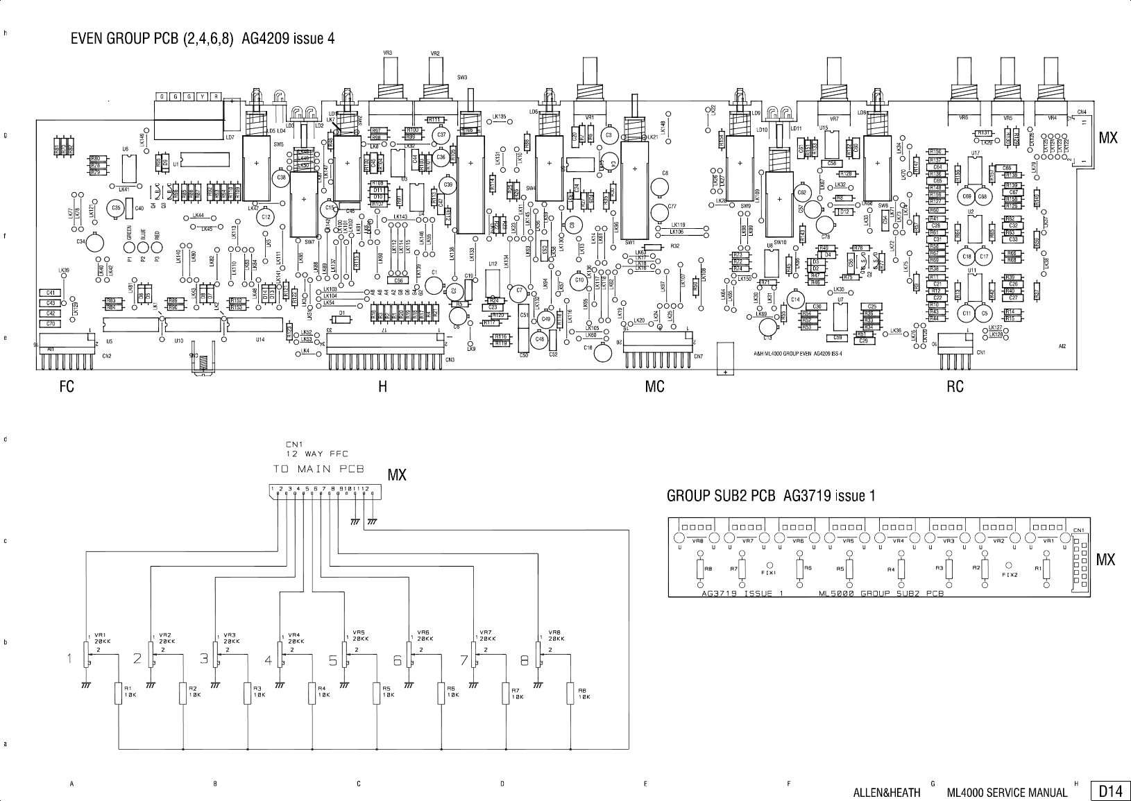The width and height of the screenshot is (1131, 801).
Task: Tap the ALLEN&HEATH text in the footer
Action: click(x=886, y=793)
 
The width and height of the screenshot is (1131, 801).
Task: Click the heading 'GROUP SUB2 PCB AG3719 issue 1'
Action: click(x=771, y=496)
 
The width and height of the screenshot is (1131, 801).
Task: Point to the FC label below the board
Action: click(x=67, y=387)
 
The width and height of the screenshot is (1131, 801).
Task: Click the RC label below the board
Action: click(x=955, y=387)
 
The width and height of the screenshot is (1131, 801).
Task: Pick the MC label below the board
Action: click(x=654, y=387)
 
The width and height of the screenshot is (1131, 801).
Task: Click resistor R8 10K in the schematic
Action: click(x=570, y=692)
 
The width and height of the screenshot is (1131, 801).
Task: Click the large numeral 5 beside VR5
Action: click(x=333, y=660)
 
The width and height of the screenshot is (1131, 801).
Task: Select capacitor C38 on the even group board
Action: click(x=281, y=178)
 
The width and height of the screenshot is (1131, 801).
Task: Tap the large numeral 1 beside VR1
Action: click(x=71, y=660)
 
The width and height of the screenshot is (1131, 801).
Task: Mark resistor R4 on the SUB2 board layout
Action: click(x=901, y=569)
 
